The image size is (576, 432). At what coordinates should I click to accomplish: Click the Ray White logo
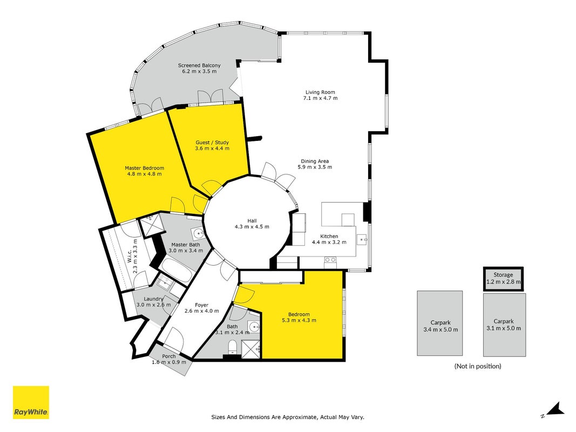pyautogui.click(x=31, y=402)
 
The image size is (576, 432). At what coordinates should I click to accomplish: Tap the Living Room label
pyautogui.click(x=320, y=92)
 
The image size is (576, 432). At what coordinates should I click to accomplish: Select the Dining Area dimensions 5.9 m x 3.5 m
pyautogui.click(x=315, y=167)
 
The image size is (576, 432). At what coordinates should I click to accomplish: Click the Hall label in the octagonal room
pyautogui.click(x=252, y=221)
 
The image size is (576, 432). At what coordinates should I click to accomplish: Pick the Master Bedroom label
pyautogui.click(x=144, y=168)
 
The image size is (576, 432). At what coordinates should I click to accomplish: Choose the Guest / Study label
pyautogui.click(x=212, y=143)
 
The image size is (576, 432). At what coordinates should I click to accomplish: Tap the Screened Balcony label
pyautogui.click(x=200, y=65)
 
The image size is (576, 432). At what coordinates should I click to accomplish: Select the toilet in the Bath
pyautogui.click(x=233, y=347)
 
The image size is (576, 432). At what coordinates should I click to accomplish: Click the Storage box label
pyautogui.click(x=503, y=275)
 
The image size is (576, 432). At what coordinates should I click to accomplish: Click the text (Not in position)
pyautogui.click(x=478, y=366)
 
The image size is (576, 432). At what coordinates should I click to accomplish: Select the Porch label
pyautogui.click(x=169, y=356)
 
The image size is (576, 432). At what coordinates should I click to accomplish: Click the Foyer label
pyautogui.click(x=202, y=305)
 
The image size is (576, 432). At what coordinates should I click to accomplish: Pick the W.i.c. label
pyautogui.click(x=130, y=256)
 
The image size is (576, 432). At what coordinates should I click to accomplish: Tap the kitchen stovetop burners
pyautogui.click(x=330, y=260)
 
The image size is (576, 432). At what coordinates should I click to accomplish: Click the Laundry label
pyautogui.click(x=153, y=299)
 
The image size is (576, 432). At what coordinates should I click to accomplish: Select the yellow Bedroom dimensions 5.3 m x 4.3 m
pyautogui.click(x=299, y=320)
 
